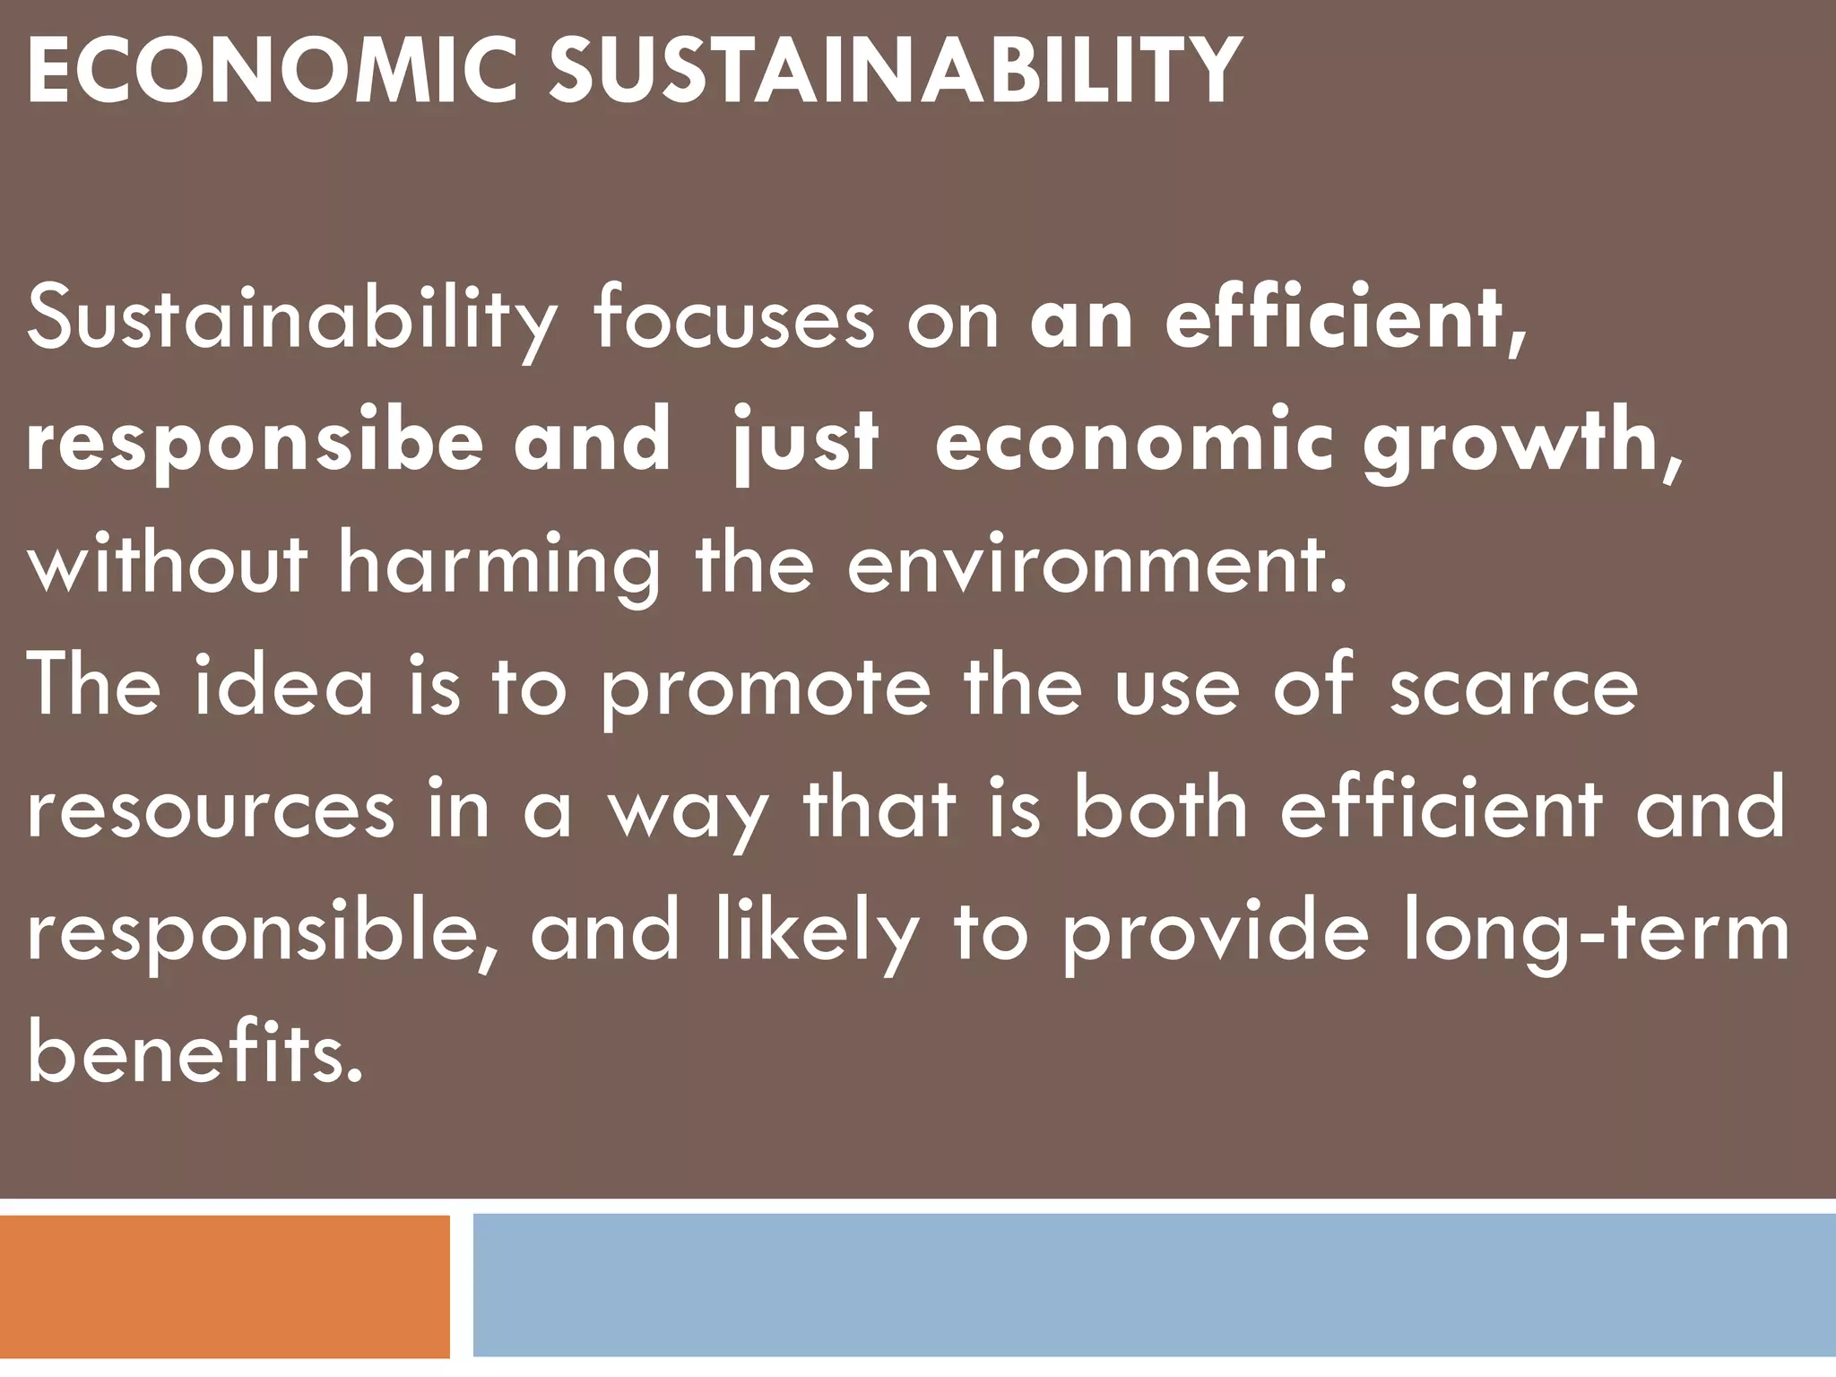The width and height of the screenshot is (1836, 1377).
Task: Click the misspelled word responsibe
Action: tap(255, 443)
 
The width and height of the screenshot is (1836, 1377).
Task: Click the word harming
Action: tap(498, 566)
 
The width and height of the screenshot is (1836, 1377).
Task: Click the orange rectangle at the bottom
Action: tap(224, 1286)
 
